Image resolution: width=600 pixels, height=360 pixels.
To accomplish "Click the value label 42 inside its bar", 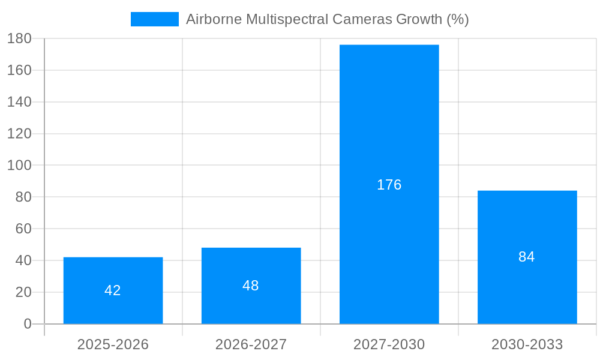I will tap(113, 290).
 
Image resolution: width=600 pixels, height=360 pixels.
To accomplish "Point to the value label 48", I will tap(251, 286).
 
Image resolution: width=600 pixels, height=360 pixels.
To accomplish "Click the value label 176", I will tap(389, 185).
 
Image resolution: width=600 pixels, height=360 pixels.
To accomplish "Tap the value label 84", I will tap(527, 257).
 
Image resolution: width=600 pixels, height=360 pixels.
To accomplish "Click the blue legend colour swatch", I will tap(155, 19).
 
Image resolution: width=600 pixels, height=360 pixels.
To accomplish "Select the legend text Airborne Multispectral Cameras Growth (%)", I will tap(327, 19).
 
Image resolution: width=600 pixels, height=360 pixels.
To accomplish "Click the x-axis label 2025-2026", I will tap(113, 344).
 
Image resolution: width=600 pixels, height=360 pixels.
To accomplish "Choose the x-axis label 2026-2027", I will tap(251, 344).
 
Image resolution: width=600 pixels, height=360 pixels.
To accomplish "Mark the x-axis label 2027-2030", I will tap(389, 344).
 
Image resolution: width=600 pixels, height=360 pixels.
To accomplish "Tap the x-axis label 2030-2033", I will tap(527, 344).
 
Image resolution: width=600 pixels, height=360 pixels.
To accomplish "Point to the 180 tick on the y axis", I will tap(19, 38).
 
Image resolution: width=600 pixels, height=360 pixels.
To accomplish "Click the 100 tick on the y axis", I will tap(19, 165).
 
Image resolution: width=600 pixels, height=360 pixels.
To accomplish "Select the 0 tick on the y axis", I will tap(27, 324).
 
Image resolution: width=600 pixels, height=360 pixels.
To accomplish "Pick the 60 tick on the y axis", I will tap(23, 229).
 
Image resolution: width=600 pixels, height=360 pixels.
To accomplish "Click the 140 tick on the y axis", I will tap(19, 102).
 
